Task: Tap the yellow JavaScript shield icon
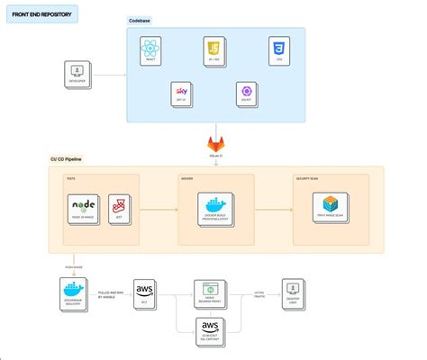[x=213, y=50]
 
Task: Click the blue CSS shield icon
[x=278, y=49]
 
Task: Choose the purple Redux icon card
[x=246, y=94]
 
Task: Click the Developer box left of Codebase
[x=78, y=73]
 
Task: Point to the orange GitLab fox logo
[x=216, y=143]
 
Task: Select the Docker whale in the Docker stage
[x=214, y=206]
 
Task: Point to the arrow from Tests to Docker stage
[x=159, y=210]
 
